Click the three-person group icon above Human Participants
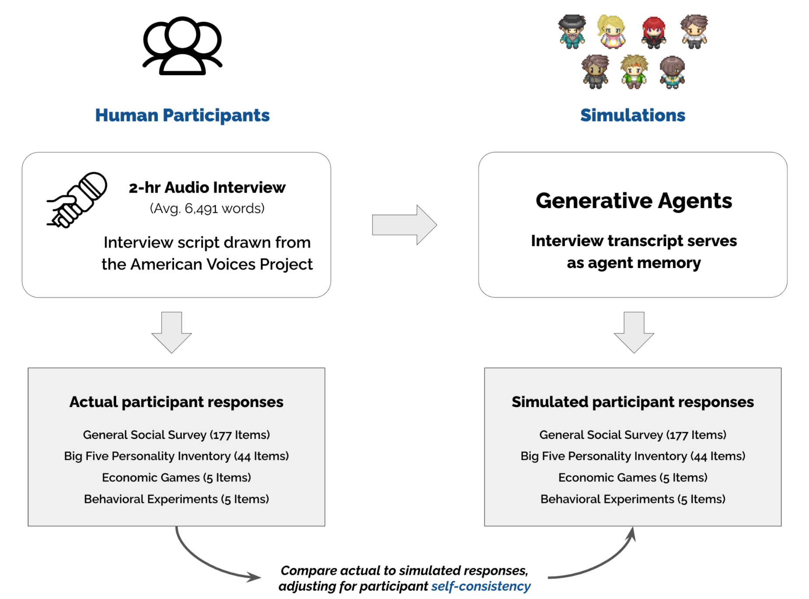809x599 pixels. click(x=182, y=46)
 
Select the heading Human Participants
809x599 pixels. click(x=182, y=115)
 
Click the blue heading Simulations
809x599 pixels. click(x=632, y=115)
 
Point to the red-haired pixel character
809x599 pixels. click(x=653, y=32)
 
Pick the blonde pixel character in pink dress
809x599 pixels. click(x=611, y=32)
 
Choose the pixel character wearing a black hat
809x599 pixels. click(x=572, y=31)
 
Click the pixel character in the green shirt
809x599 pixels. click(x=634, y=72)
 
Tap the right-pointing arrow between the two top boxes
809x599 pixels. click(x=404, y=225)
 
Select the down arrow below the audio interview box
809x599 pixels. click(x=171, y=332)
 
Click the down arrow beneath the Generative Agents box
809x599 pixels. click(x=634, y=332)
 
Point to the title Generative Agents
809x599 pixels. click(x=634, y=201)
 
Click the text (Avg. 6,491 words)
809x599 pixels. click(x=207, y=209)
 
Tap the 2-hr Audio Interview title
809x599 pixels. click(x=207, y=188)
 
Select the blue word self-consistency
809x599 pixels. click(x=481, y=586)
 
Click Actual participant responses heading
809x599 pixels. click(x=176, y=402)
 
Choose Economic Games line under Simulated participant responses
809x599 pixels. click(x=632, y=477)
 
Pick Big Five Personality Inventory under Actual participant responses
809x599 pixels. click(x=176, y=456)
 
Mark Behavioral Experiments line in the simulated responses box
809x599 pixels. click(x=632, y=499)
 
